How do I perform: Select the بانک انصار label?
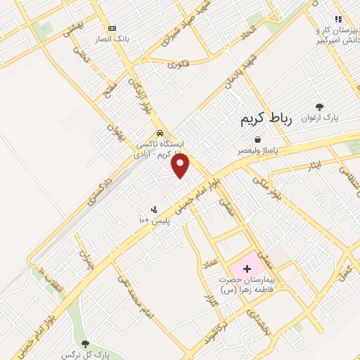pos(111,39)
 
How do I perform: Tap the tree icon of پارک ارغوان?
pos(320,107)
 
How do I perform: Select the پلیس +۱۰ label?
pos(153,220)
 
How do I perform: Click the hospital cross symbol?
pos(246,269)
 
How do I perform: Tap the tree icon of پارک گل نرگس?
pos(85,345)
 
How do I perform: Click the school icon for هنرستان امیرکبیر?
pos(338,20)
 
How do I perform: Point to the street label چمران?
pos(85,261)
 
